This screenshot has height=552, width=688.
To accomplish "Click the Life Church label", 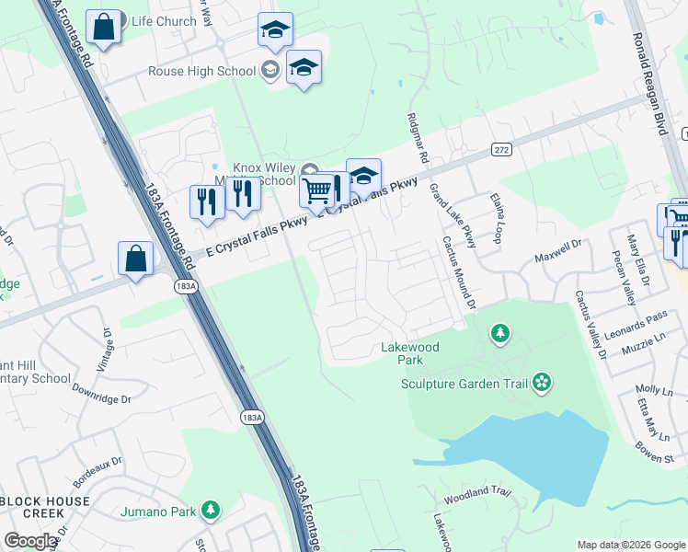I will click(164, 21).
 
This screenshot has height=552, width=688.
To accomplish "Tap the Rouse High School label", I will click(202, 71).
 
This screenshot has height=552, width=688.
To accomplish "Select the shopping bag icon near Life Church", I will click(104, 29).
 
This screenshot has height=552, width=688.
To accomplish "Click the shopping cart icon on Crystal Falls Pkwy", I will click(316, 191).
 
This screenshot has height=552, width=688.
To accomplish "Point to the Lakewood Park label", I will click(410, 353).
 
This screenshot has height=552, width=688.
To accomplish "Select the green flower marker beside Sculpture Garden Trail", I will click(542, 381).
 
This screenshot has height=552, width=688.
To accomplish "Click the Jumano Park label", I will click(160, 511).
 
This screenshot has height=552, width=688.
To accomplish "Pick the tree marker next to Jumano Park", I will click(211, 509).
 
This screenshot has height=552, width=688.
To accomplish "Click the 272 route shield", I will click(500, 149).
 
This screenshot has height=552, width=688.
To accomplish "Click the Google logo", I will click(30, 541).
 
